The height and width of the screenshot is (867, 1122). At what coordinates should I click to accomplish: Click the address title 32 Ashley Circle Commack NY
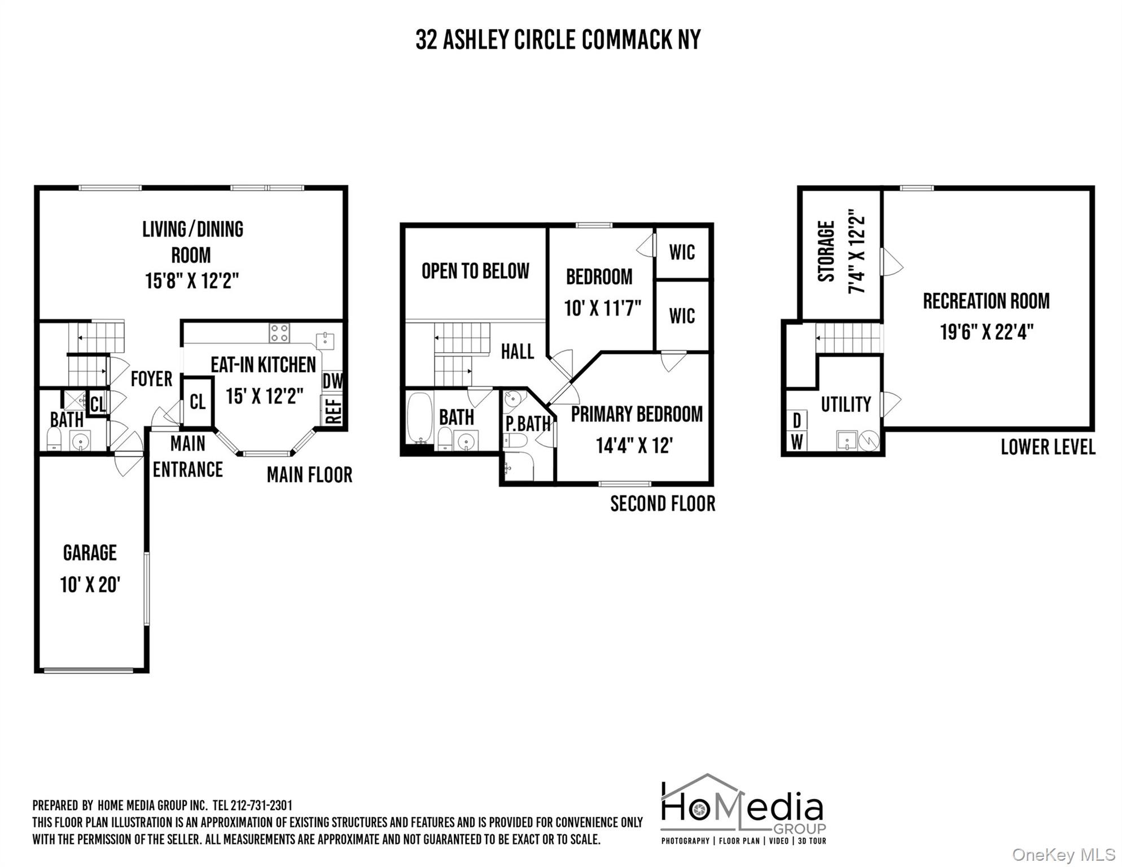(558, 40)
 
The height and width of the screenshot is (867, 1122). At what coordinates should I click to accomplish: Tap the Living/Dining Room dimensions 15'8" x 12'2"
(192, 281)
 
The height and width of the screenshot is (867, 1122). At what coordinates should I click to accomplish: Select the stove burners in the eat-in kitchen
(279, 333)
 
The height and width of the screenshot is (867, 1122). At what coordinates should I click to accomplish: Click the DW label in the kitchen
(332, 381)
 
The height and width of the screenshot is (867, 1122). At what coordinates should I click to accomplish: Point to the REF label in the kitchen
(334, 410)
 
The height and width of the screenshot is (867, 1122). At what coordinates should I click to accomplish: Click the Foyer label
(151, 379)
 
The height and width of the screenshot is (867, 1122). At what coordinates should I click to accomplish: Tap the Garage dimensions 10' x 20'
(90, 584)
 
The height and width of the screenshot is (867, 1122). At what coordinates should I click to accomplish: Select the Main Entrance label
(188, 457)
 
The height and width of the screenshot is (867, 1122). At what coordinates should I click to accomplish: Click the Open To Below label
(476, 271)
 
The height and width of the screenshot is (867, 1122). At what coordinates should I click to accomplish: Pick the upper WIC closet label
(682, 252)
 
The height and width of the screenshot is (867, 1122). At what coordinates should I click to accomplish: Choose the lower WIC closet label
(682, 316)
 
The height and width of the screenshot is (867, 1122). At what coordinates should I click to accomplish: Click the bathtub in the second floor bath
(419, 419)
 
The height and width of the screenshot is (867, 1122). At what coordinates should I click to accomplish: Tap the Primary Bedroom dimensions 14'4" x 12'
(634, 446)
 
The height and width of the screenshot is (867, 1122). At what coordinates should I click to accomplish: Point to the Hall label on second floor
(518, 352)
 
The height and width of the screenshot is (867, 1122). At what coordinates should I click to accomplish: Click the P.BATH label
(528, 423)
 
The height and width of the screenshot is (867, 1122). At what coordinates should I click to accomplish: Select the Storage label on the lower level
(826, 251)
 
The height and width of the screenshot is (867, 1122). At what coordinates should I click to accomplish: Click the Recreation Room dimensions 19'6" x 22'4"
(987, 331)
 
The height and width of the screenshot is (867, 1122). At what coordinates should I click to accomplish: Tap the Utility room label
(846, 404)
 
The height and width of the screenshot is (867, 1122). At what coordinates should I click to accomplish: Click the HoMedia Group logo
(743, 809)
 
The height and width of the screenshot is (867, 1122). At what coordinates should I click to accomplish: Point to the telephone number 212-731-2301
(261, 805)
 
